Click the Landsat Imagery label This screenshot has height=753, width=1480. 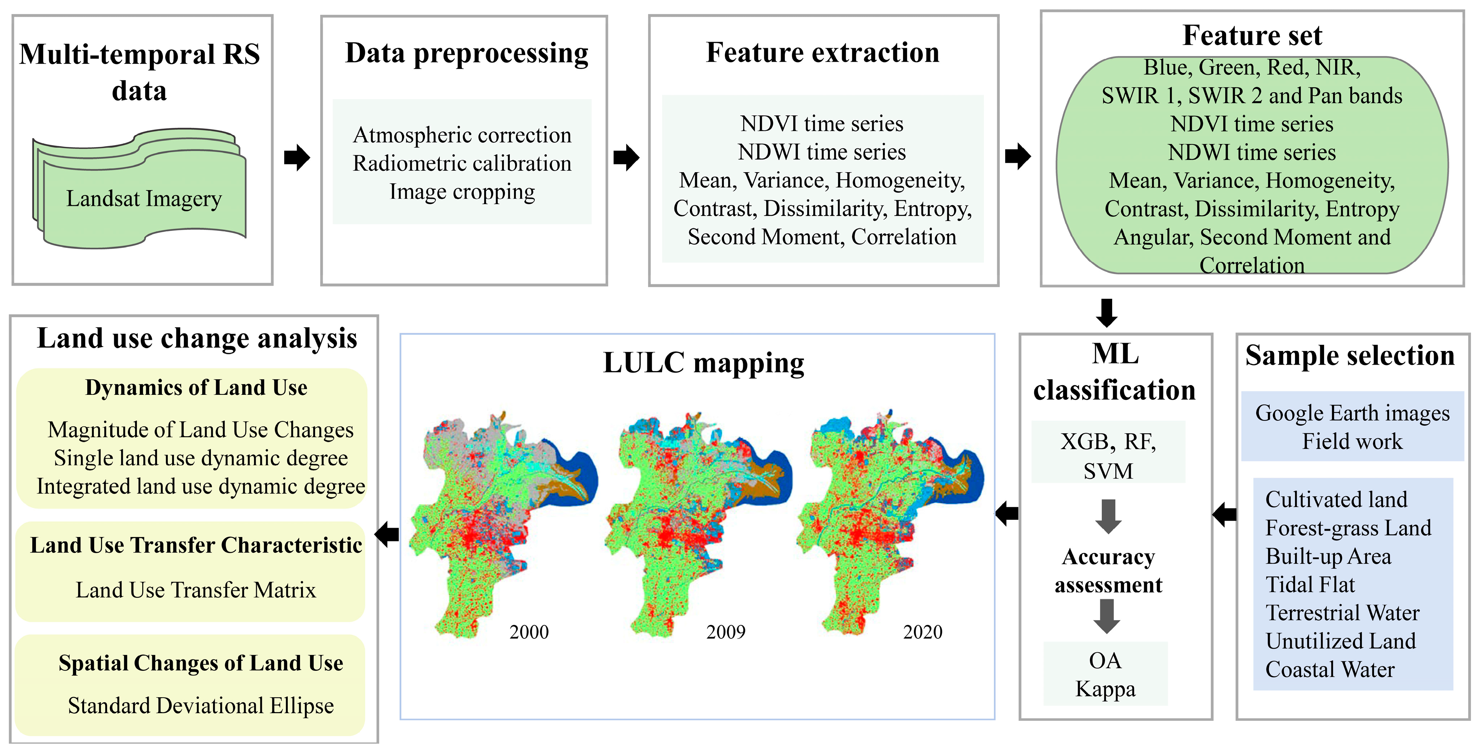coord(144,199)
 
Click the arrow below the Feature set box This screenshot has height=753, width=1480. coord(1106,313)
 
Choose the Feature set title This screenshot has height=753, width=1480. coord(1253,35)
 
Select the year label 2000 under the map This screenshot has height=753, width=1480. coord(528,632)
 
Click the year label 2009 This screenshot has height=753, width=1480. coord(726,632)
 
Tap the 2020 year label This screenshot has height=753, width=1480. coord(923,632)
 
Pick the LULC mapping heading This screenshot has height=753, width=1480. coord(703,363)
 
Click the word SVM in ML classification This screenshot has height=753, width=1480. coord(1108,471)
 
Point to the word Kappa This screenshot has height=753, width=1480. coord(1105,689)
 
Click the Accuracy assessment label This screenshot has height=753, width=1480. coord(1108,570)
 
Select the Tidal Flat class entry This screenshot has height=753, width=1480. coord(1310,585)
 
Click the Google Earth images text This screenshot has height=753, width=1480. coord(1352,413)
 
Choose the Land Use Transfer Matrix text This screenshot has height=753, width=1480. coord(196,590)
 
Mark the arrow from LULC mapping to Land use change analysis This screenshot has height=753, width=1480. coord(387,534)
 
